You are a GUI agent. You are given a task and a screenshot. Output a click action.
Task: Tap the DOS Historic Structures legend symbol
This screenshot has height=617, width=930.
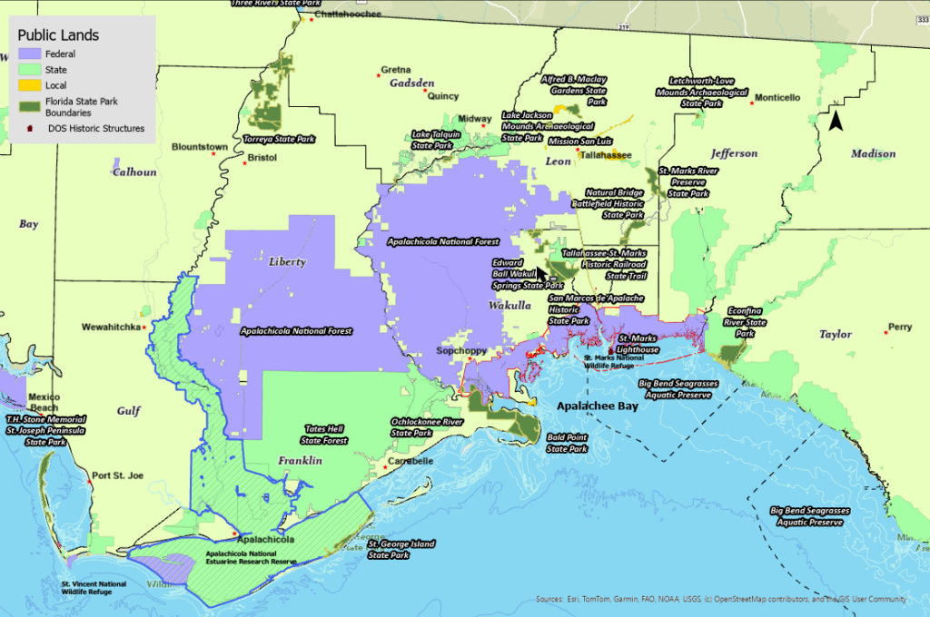(31, 129)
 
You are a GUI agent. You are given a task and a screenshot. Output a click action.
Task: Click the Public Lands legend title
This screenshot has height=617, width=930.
(59, 35)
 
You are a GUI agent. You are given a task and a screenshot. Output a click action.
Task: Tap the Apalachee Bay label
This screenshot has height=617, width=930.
(597, 406)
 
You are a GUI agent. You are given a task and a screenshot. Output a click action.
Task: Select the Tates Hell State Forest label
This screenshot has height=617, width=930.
(325, 435)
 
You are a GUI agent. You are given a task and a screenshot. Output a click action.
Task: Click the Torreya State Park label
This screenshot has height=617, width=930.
(279, 140)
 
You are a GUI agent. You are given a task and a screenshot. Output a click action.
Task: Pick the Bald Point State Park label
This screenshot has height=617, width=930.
(568, 443)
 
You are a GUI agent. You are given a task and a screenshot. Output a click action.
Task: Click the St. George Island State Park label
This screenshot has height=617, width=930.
(403, 549)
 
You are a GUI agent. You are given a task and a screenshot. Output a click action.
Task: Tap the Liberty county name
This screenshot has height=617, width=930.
(287, 261)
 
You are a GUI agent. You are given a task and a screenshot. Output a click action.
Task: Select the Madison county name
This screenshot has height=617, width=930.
(873, 153)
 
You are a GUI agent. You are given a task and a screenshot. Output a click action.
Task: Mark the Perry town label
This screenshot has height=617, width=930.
(900, 328)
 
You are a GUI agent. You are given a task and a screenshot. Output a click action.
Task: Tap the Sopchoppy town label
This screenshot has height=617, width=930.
(461, 350)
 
